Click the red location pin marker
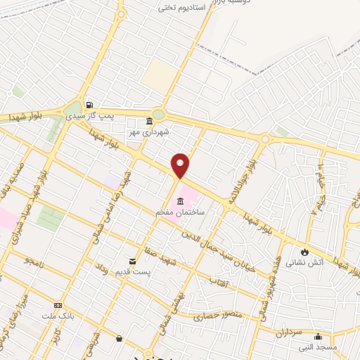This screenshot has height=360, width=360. click(181, 165)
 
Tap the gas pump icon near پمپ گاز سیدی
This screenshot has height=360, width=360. click(88, 104)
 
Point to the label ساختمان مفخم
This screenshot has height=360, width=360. click(181, 210)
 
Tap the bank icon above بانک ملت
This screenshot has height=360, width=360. click(58, 306)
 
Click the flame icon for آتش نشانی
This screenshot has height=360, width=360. click(304, 252)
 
